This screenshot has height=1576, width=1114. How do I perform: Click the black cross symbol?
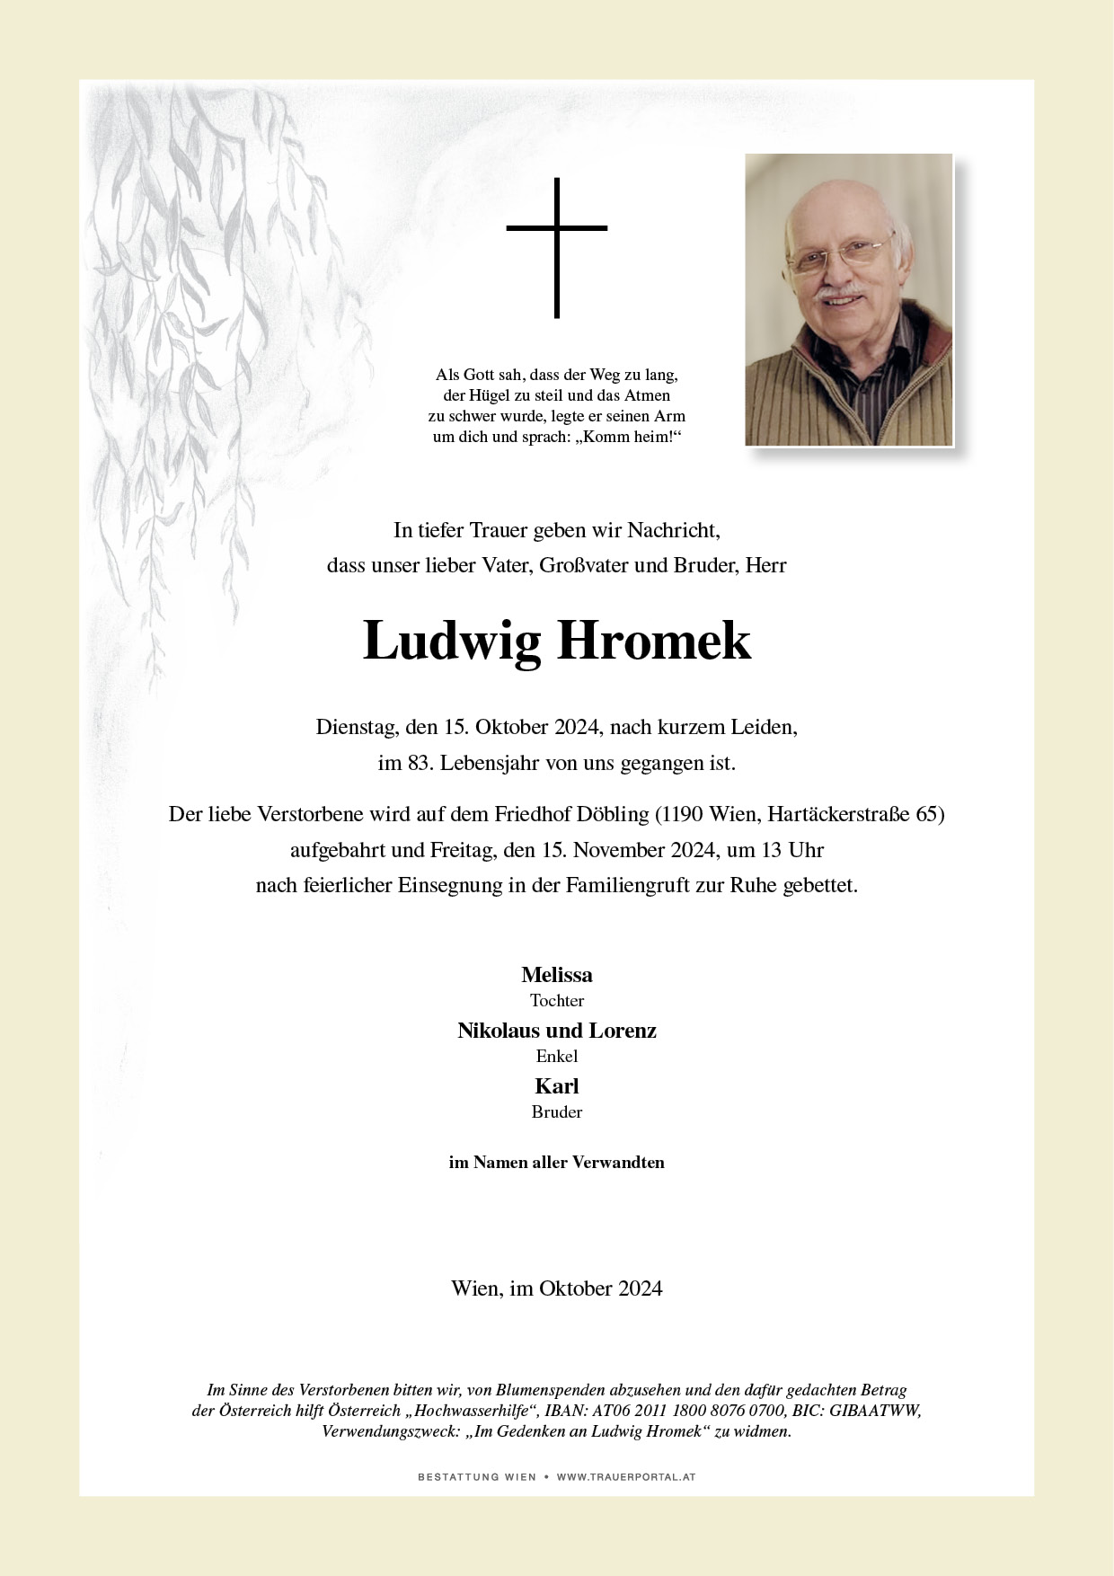pyautogui.click(x=557, y=247)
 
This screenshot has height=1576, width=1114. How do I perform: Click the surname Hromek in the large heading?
pyautogui.click(x=653, y=642)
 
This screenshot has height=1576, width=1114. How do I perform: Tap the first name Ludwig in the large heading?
pyautogui.click(x=452, y=642)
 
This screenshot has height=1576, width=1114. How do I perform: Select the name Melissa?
pyautogui.click(x=557, y=975)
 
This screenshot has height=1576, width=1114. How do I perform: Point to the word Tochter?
pyautogui.click(x=557, y=1000)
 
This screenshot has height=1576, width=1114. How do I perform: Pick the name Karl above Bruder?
pyautogui.click(x=557, y=1086)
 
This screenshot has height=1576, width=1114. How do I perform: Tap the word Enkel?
pyautogui.click(x=557, y=1056)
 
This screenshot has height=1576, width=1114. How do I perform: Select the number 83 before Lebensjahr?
pyautogui.click(x=416, y=764)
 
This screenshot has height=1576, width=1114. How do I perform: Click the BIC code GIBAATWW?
pyautogui.click(x=874, y=1411)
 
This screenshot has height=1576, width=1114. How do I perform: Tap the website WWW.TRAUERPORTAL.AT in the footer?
pyautogui.click(x=626, y=1477)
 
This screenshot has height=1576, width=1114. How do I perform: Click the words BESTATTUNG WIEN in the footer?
pyautogui.click(x=477, y=1477)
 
